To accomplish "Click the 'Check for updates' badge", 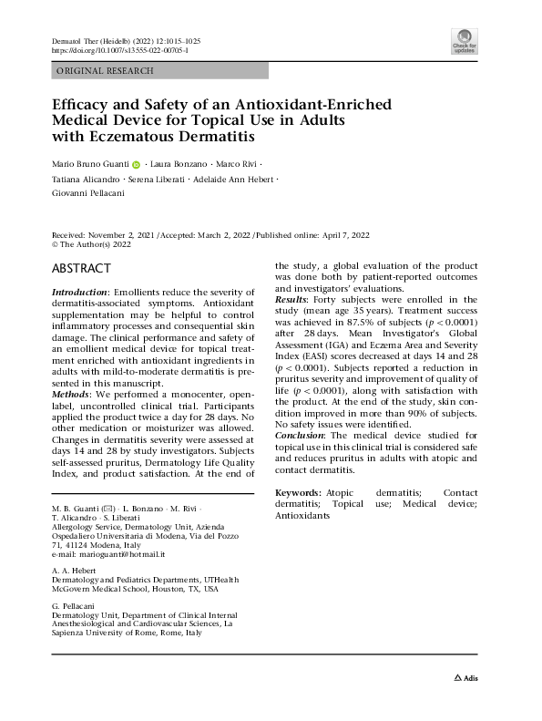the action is (x=464, y=42).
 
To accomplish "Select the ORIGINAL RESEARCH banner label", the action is (x=106, y=70).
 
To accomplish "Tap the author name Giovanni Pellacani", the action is (x=86, y=194).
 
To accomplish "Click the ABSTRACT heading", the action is (x=81, y=268).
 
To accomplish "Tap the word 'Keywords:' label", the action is (x=299, y=492).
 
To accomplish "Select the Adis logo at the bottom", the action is (x=466, y=678).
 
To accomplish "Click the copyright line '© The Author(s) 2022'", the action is (x=92, y=244).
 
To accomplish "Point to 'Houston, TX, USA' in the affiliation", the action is (x=185, y=589).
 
